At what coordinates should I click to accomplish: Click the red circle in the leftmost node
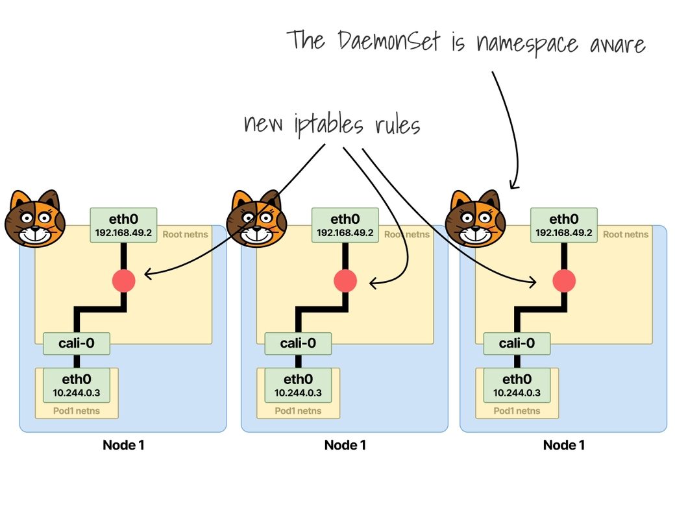click(x=123, y=280)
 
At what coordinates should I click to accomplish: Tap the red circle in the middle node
click(x=345, y=280)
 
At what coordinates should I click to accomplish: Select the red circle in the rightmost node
click(x=564, y=280)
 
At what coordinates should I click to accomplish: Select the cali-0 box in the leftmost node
click(x=77, y=343)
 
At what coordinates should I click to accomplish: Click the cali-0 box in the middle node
click(x=299, y=343)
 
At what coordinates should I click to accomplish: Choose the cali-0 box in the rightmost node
click(x=517, y=343)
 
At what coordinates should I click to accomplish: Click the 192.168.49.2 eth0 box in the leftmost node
click(x=123, y=224)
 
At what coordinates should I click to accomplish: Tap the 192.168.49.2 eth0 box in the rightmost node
click(x=564, y=224)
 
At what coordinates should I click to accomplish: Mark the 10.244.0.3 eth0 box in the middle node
click(x=299, y=385)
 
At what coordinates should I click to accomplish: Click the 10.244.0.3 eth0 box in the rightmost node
click(x=517, y=385)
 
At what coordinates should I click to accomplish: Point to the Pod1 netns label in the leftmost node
click(x=77, y=411)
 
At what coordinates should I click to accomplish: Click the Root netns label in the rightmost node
click(x=626, y=234)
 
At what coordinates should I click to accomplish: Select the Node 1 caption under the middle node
click(x=345, y=445)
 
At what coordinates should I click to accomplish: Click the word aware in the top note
click(x=617, y=44)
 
